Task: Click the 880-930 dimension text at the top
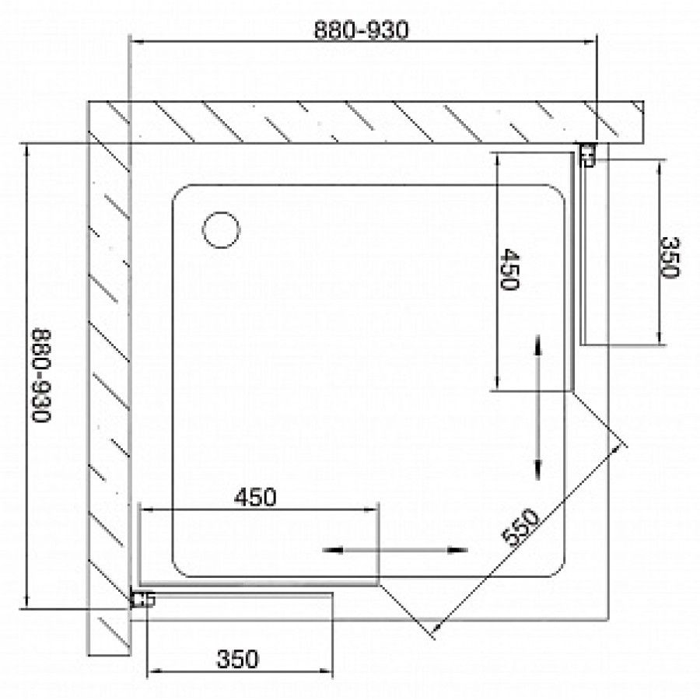[361, 30]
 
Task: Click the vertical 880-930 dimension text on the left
[41, 376]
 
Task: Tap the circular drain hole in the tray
[221, 230]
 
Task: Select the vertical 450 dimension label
[509, 269]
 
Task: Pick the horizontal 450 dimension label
[255, 497]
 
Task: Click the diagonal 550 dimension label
[520, 527]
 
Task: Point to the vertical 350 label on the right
[669, 257]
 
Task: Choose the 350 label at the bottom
[237, 659]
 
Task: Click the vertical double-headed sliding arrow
[537, 408]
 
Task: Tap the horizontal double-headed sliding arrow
[394, 550]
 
